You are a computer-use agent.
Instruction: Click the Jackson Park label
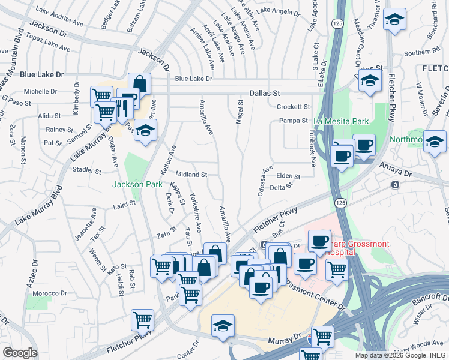point(137,184)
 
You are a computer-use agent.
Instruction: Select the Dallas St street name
point(265,94)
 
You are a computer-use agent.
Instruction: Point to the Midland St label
point(191,175)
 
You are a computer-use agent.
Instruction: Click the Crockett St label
point(293,107)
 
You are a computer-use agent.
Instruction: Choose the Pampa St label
point(294,121)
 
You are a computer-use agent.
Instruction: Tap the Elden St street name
point(288,176)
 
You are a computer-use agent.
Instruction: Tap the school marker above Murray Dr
point(222,326)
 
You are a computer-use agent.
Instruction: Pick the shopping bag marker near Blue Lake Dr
point(139,84)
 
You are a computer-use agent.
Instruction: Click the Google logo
point(20,353)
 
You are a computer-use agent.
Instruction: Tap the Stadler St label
point(86,170)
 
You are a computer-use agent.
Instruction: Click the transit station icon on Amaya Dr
point(396,184)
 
